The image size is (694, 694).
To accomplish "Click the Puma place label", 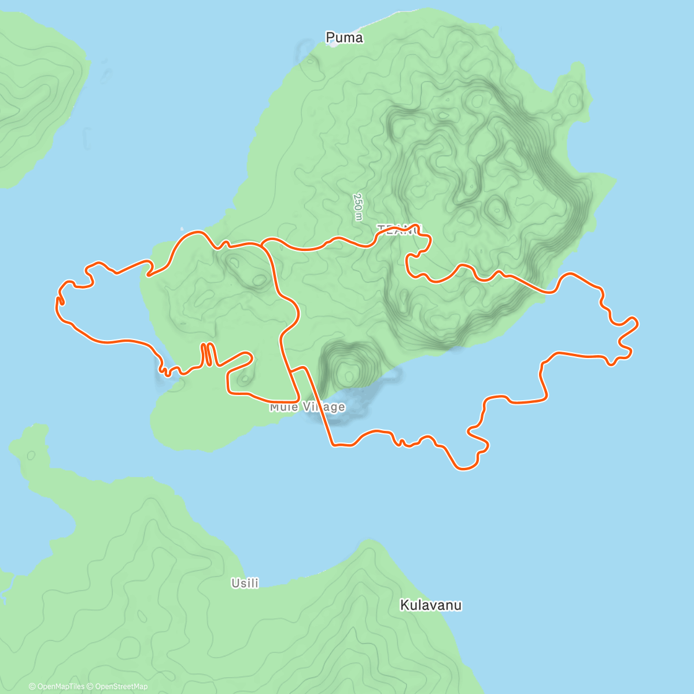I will tap(344, 38).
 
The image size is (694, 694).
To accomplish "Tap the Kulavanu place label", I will tap(431, 606).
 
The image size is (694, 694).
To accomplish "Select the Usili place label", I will tap(245, 583).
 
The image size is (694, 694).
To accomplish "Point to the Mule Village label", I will tap(307, 407).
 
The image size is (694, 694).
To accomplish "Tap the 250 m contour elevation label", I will tap(358, 206).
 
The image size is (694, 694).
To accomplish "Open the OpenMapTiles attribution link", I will tap(56, 686).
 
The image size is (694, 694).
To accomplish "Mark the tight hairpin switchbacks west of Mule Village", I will tap(208, 354).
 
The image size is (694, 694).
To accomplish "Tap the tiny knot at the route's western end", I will tap(60, 301).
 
